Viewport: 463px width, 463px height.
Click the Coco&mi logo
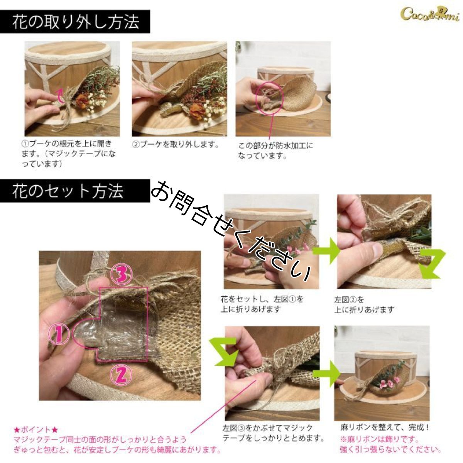coord(429,14)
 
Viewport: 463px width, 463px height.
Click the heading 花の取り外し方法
coord(75,22)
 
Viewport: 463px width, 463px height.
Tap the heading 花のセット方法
coord(68,191)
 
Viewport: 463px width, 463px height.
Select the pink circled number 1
coord(58,335)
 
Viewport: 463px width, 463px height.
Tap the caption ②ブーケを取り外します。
coord(176,145)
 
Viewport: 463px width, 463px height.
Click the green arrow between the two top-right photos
coord(326,251)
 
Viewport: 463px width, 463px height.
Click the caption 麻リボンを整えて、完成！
coord(385,428)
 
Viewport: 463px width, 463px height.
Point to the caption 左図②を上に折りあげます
coord(364,304)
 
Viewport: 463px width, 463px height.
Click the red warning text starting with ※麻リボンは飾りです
coord(390,444)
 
